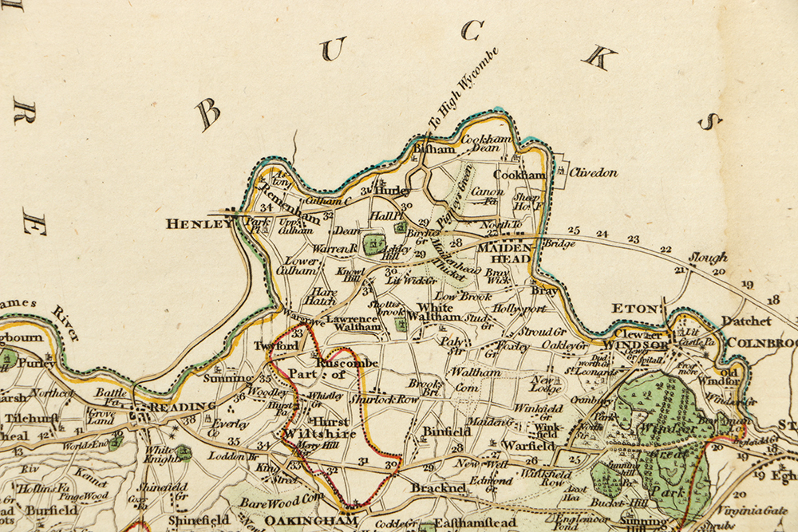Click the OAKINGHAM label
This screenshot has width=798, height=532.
[x=298, y=520]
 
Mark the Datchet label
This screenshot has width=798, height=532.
[x=746, y=321]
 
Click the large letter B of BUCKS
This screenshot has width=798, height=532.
[x=208, y=115]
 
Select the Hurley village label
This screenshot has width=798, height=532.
[x=393, y=191]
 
